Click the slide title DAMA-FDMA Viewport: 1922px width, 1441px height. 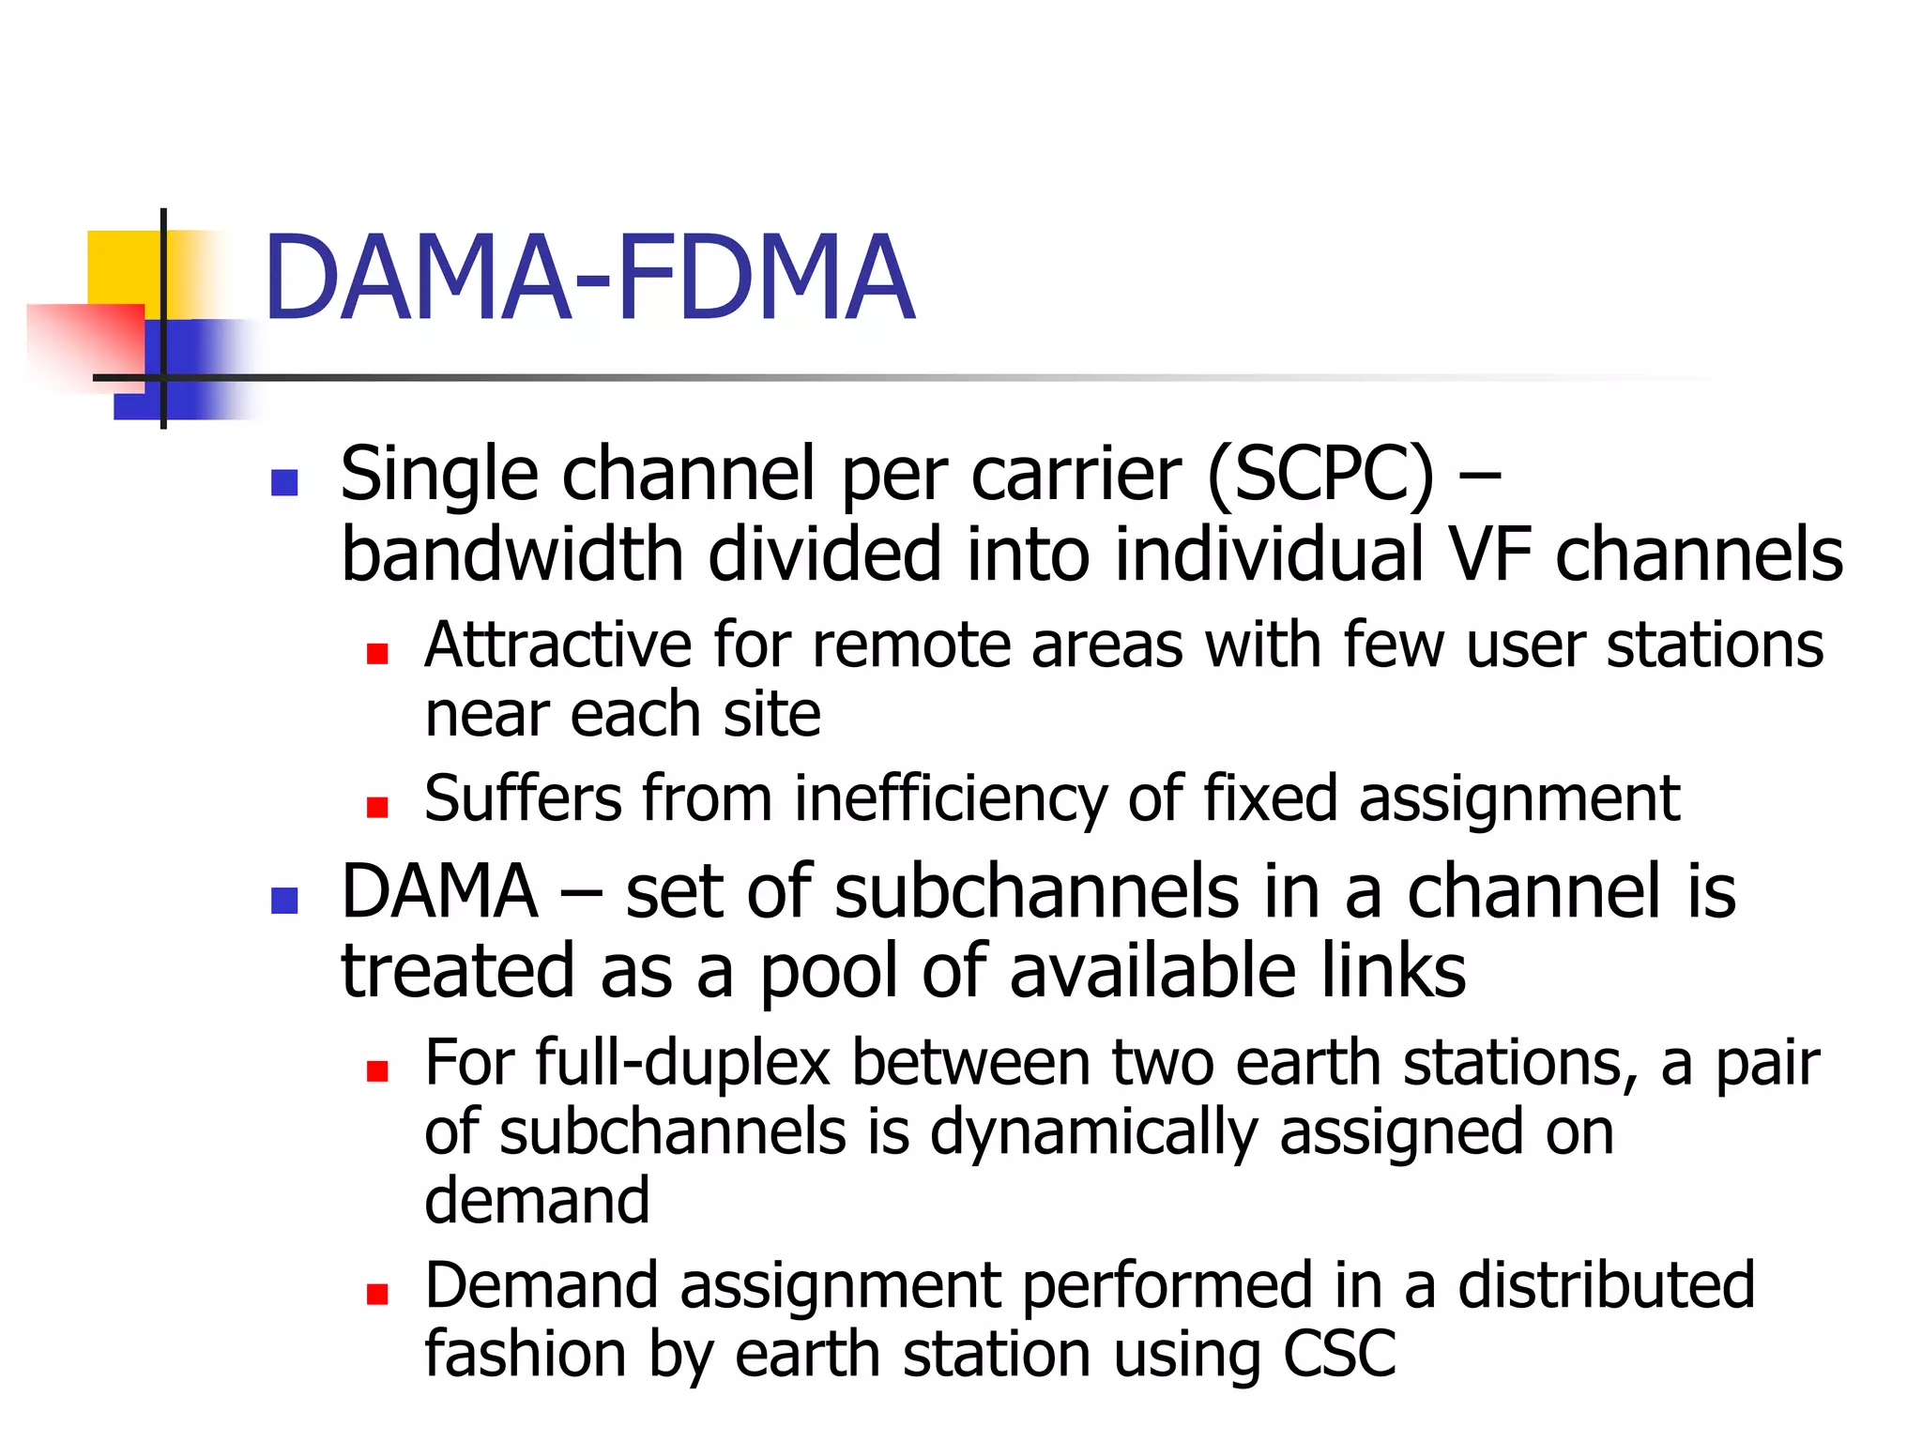click(x=588, y=279)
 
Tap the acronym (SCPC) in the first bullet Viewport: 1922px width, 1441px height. click(x=1320, y=475)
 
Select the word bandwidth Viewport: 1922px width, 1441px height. click(x=511, y=555)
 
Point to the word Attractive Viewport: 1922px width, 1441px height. click(x=558, y=645)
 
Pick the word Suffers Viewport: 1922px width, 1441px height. click(x=523, y=799)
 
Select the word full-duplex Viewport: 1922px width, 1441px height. click(x=683, y=1064)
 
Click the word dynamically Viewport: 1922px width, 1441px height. click(x=1093, y=1132)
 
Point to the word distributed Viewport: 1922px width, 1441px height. click(x=1605, y=1285)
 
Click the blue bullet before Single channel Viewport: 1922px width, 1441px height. click(x=283, y=482)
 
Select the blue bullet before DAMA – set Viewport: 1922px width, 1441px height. click(x=283, y=901)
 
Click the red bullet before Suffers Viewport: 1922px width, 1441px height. click(x=377, y=807)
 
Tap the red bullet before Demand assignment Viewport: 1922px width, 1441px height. click(x=377, y=1295)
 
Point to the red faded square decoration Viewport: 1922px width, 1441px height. click(x=84, y=342)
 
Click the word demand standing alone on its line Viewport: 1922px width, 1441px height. click(x=537, y=1201)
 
